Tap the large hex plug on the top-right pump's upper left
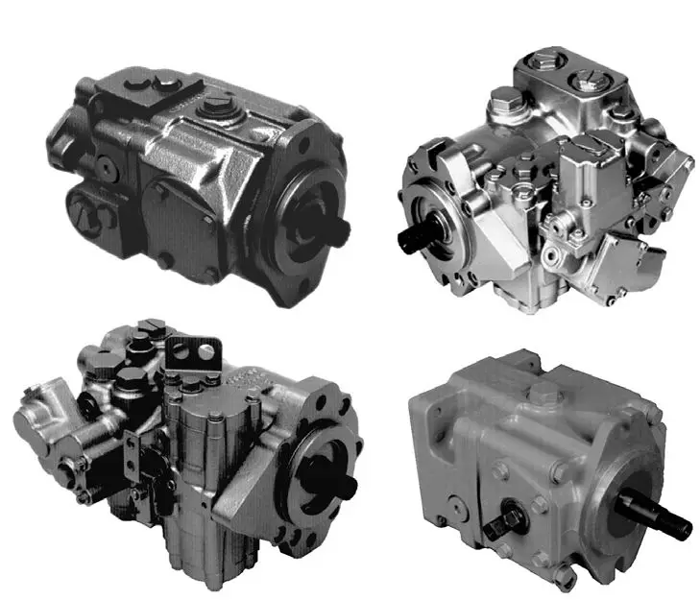pos(506,99)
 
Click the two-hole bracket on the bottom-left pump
pos(198,355)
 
